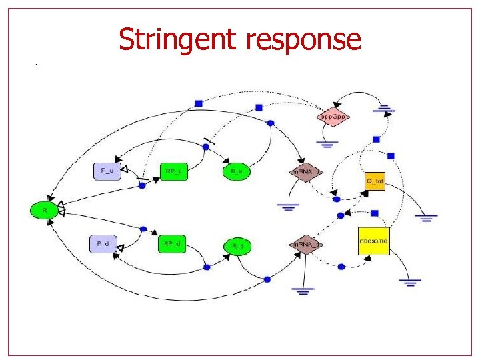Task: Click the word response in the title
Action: (x=303, y=40)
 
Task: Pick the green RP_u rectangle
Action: (x=173, y=171)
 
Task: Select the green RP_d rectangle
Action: (x=171, y=244)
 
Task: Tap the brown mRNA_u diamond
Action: (x=305, y=171)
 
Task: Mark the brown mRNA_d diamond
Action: (x=305, y=245)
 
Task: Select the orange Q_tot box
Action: (x=375, y=180)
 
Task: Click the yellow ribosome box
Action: (x=373, y=240)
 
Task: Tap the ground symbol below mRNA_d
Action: (x=303, y=290)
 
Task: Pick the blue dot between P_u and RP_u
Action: (x=141, y=186)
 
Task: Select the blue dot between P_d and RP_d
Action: (x=143, y=229)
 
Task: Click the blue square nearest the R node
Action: (x=198, y=103)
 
